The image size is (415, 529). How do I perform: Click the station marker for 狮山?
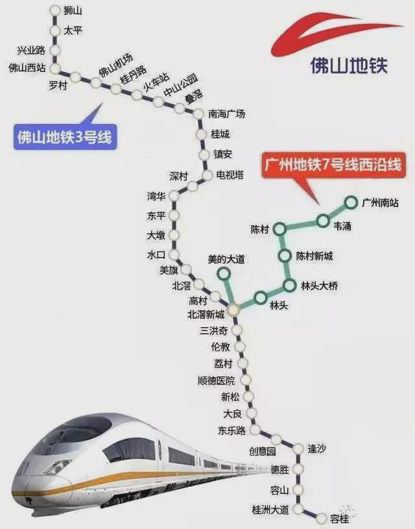pos(55,10)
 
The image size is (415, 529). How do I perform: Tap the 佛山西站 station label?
pos(27,68)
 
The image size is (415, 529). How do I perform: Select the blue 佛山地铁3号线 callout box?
pos(65,138)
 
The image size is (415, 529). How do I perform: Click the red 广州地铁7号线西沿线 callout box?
pos(333,165)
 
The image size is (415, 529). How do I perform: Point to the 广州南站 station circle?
pos(351,203)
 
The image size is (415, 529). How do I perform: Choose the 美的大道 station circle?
pos(224,273)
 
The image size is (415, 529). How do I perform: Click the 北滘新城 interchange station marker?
pos(233,309)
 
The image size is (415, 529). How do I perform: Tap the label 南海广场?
pos(226,114)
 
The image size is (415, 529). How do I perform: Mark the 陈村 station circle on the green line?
pos(279,229)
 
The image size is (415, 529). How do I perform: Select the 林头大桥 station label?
pos(319,286)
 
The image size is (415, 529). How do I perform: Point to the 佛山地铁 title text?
pos(349,66)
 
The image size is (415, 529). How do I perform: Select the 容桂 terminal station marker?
pos(322,518)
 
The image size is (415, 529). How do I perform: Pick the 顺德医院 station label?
pos(216,381)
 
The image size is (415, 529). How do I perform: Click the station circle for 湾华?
pos(174,195)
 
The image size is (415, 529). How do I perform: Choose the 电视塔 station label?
pos(230,175)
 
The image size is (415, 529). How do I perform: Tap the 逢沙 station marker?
pos(298,449)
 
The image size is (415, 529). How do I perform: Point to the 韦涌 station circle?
pos(323,221)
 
